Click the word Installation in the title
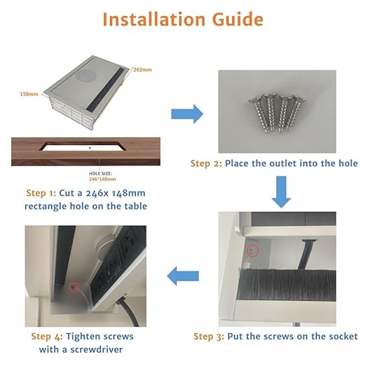click(154, 20)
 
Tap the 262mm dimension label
click(142, 69)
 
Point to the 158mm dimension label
click(29, 94)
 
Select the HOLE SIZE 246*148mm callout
click(102, 176)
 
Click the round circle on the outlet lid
click(86, 77)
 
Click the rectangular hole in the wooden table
click(83, 146)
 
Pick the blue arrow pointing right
click(187, 114)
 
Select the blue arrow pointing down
click(281, 191)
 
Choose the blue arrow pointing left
click(183, 276)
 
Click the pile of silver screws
click(277, 113)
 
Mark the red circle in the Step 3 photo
click(252, 251)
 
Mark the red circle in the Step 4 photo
click(74, 287)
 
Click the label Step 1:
click(41, 194)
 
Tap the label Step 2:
click(206, 163)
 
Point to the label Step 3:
click(209, 337)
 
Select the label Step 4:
click(47, 337)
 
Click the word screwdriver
click(97, 350)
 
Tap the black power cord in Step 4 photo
click(128, 311)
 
